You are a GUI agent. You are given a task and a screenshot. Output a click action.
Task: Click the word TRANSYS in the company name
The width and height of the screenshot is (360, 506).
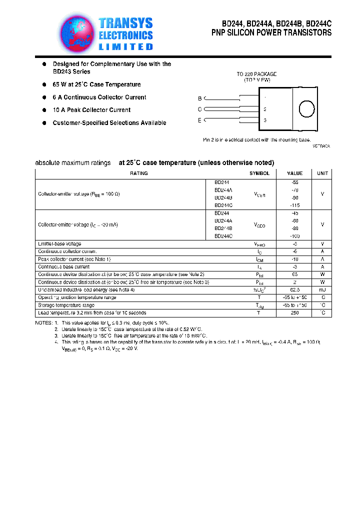pyautogui.click(x=125, y=23)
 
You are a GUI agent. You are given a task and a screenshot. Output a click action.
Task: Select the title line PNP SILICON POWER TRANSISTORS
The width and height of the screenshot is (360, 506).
pyautogui.click(x=271, y=33)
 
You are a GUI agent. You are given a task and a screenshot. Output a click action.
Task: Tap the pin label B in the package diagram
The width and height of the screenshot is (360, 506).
pyautogui.click(x=199, y=98)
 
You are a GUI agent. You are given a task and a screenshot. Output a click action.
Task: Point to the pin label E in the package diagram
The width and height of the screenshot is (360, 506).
pyautogui.click(x=199, y=120)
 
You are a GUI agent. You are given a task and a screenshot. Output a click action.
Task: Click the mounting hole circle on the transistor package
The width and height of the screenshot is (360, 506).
pyautogui.click(x=306, y=109)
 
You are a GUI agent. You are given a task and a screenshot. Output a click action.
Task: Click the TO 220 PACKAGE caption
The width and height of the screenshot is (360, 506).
pyautogui.click(x=256, y=74)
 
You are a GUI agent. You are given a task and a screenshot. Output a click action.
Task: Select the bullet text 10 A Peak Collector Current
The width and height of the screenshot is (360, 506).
pyautogui.click(x=91, y=110)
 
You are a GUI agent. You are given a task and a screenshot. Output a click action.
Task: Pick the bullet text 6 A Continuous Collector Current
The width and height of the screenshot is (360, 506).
pyautogui.click(x=99, y=97)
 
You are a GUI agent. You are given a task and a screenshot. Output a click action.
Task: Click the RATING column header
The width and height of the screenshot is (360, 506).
pyautogui.click(x=138, y=173)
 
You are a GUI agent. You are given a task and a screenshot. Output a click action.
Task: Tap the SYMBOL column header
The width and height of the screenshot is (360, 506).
pyautogui.click(x=259, y=173)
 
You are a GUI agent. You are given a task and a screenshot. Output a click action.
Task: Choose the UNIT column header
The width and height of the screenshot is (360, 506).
pyautogui.click(x=322, y=173)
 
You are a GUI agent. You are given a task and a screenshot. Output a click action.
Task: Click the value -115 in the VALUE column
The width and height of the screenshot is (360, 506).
pyautogui.click(x=294, y=205)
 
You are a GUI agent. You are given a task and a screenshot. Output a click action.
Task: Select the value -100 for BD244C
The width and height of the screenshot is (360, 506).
pyautogui.click(x=294, y=236)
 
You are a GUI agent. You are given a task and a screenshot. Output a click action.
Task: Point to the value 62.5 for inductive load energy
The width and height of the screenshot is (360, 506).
pyautogui.click(x=294, y=289)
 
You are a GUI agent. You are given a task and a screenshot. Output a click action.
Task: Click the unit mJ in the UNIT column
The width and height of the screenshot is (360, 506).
pyautogui.click(x=322, y=289)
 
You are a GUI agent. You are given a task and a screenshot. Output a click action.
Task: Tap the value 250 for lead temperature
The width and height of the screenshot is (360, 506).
pyautogui.click(x=294, y=312)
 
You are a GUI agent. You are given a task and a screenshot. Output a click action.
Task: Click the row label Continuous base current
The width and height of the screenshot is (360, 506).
pyautogui.click(x=64, y=266)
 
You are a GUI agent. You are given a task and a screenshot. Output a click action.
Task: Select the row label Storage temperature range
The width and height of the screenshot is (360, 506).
pyautogui.click(x=66, y=305)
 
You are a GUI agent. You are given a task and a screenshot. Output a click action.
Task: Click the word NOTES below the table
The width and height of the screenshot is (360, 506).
pyautogui.click(x=43, y=323)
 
